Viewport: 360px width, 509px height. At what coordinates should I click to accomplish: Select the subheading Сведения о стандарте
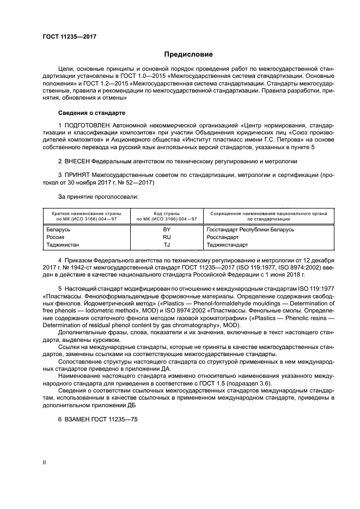click(x=91, y=113)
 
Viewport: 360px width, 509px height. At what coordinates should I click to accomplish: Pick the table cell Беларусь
click(x=58, y=230)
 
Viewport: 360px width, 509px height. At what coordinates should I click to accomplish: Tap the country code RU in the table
click(x=167, y=237)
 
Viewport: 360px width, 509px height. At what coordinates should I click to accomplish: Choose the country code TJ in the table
click(x=167, y=245)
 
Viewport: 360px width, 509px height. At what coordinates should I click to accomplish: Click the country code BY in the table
click(x=167, y=230)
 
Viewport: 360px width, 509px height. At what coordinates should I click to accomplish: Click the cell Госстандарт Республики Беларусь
click(x=251, y=230)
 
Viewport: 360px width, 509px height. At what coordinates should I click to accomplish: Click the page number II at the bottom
click(x=44, y=463)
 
